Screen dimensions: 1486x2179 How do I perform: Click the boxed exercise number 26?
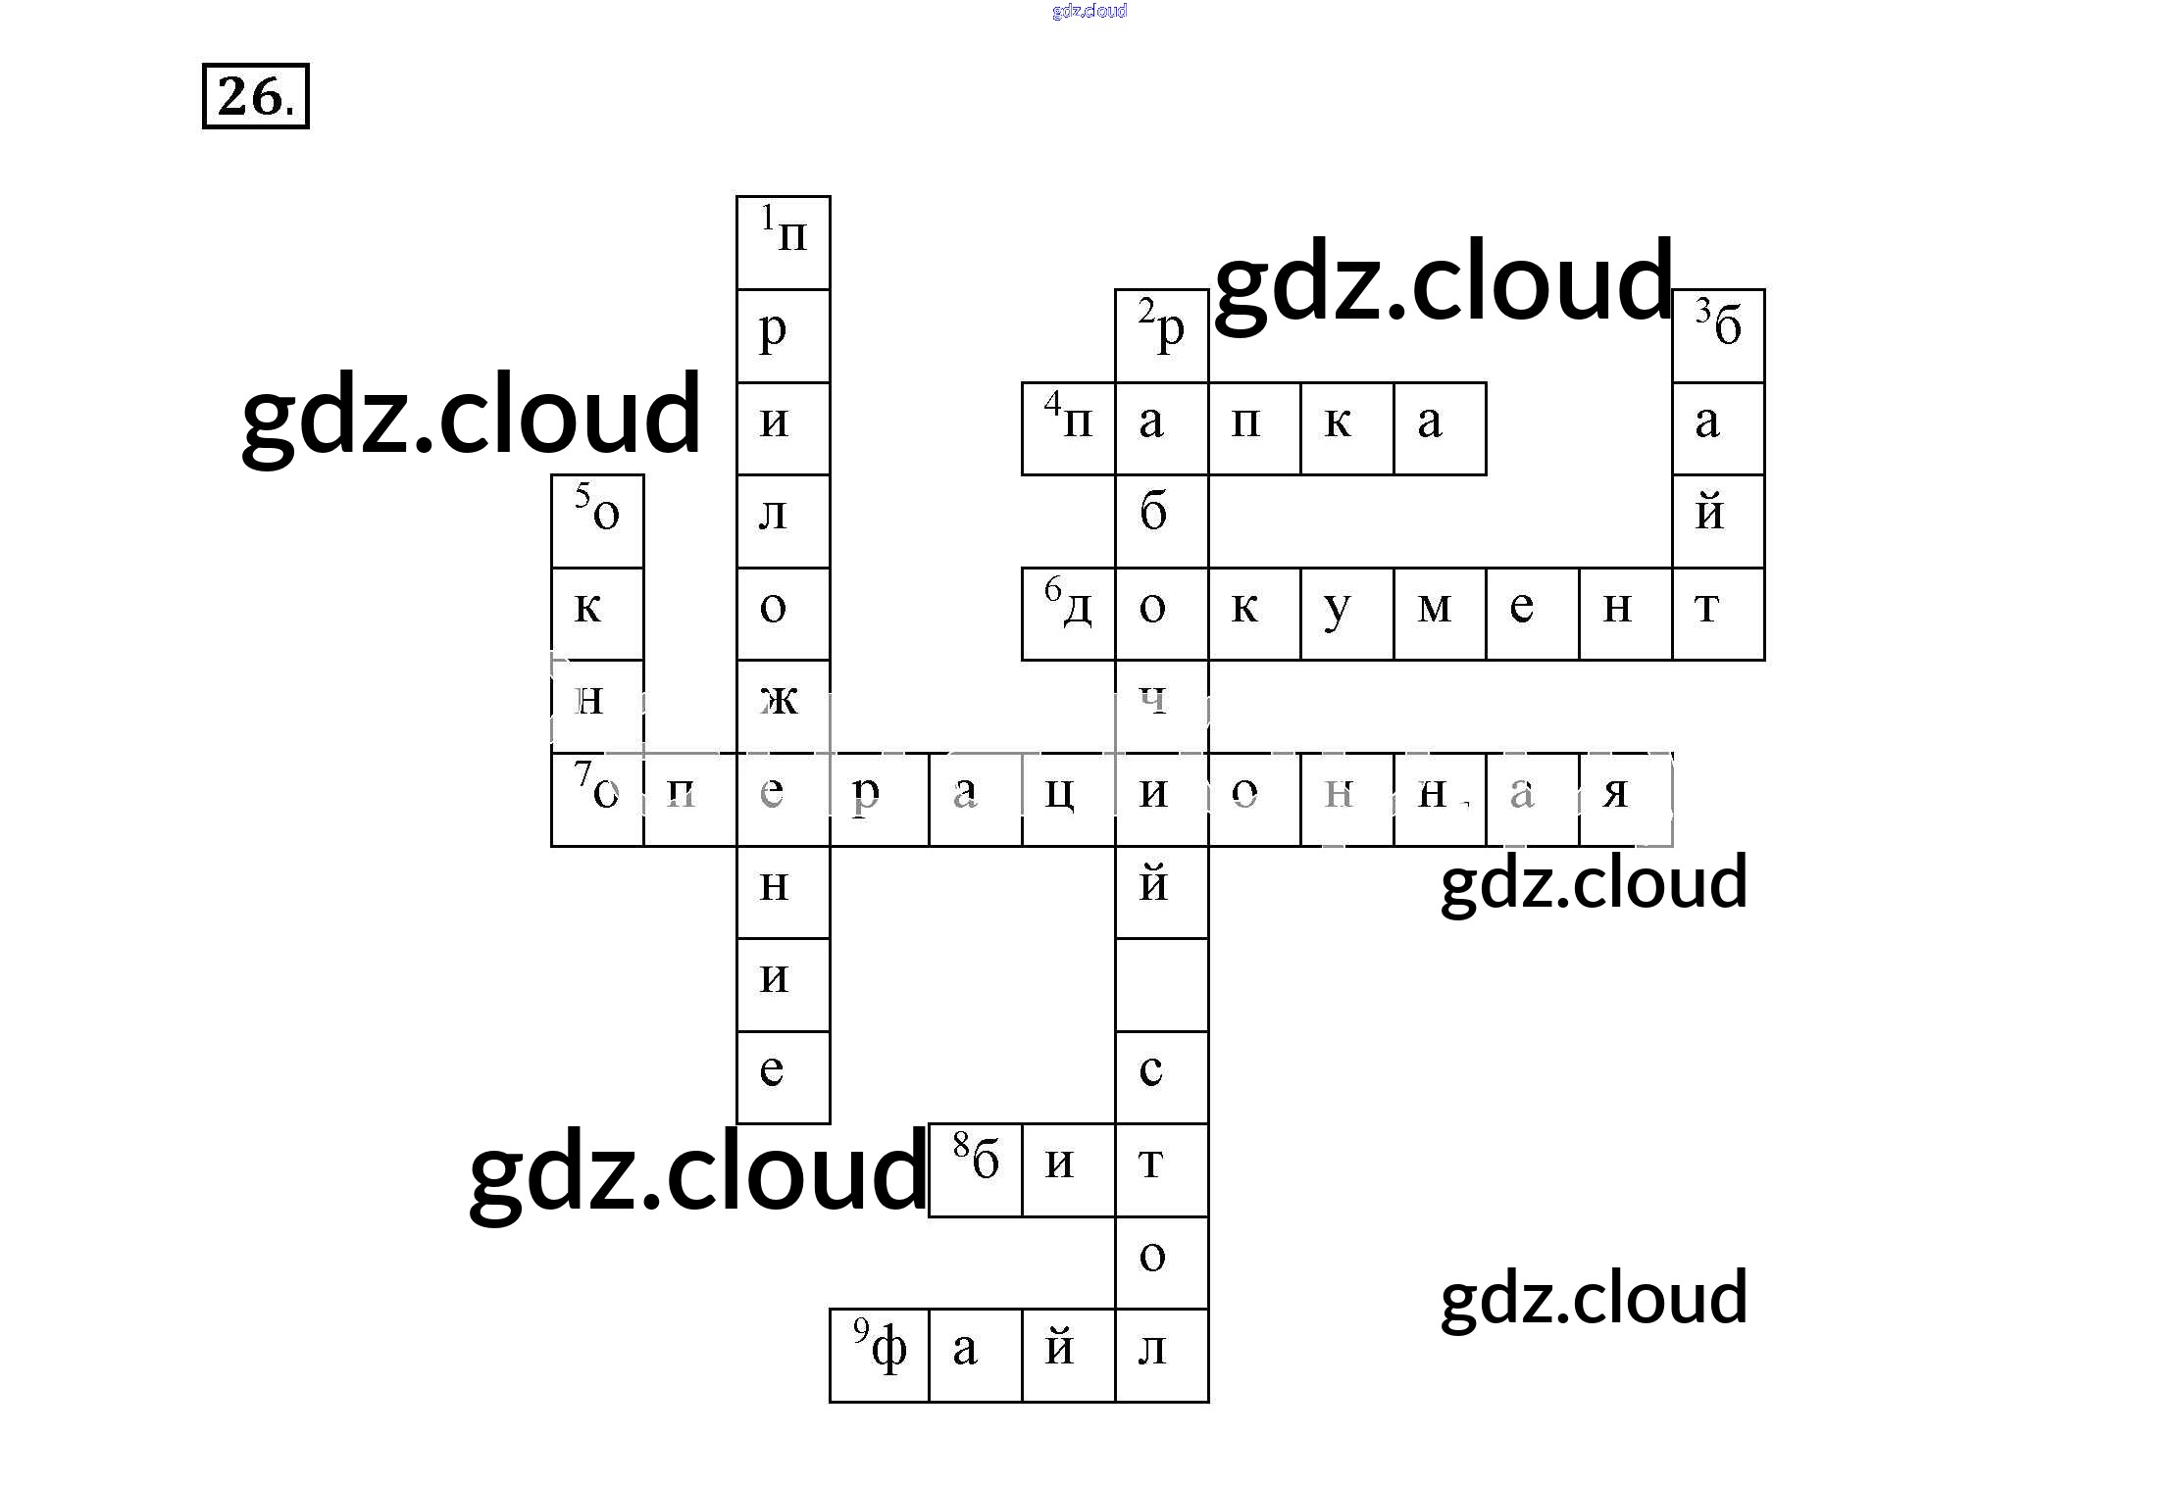point(255,96)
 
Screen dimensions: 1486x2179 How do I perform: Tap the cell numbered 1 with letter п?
point(783,242)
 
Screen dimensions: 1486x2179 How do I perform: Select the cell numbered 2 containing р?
point(1161,335)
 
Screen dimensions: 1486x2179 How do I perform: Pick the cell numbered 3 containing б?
point(1718,335)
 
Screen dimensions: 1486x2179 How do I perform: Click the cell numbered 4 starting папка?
point(1068,428)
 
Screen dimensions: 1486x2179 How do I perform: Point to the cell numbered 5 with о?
point(597,520)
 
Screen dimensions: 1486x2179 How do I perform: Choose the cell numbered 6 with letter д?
point(1068,614)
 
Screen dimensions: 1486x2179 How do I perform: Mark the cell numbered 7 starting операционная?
point(597,799)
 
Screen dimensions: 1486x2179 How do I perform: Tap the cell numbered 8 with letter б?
point(976,1169)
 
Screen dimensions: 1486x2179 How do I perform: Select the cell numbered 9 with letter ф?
point(879,1355)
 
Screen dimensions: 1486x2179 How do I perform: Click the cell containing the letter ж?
point(783,706)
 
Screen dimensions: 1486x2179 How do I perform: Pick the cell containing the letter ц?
point(1068,799)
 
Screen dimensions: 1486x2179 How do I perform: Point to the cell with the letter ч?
point(1161,706)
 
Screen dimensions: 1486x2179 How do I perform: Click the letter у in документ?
point(1346,614)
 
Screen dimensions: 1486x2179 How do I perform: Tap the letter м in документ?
point(1440,614)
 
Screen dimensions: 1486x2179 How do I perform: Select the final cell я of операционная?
point(1625,799)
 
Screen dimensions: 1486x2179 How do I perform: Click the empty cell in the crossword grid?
point(1161,984)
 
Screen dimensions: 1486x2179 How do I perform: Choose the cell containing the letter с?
point(1161,1076)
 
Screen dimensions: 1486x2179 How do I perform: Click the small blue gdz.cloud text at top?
point(1089,11)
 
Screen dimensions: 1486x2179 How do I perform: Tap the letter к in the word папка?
point(1346,428)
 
